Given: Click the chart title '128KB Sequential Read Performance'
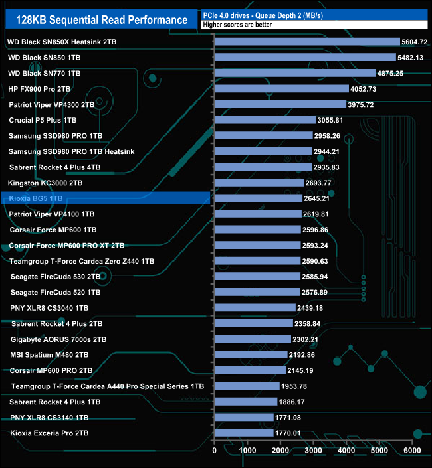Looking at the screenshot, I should pos(100,20).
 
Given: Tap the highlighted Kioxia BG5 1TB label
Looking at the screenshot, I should pos(37,198).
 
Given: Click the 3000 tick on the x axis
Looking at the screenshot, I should pos(314,451).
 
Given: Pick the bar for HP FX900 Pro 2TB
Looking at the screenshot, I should pos(281,89).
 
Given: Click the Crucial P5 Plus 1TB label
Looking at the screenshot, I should pos(43,120).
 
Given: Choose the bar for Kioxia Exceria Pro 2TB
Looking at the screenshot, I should pos(243,433).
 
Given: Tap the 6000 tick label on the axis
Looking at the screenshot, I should pos(413,451).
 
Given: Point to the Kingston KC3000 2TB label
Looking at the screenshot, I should pos(45,183).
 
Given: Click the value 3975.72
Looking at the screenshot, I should pos(365,105).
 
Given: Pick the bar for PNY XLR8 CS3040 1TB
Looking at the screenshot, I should pos(255,308).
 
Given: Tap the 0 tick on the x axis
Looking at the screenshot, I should pos(215,451).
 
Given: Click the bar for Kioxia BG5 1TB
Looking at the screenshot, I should pos(258,198).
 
